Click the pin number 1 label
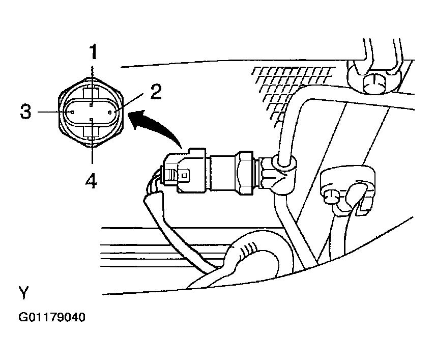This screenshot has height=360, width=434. [x=93, y=52]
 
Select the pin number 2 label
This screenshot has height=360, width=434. [x=156, y=92]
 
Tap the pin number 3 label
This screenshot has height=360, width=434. [x=26, y=112]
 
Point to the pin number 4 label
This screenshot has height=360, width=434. [x=91, y=182]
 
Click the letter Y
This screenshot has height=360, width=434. [x=23, y=292]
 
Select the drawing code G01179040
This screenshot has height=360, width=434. [x=52, y=317]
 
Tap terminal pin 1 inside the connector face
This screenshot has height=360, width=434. [x=92, y=105]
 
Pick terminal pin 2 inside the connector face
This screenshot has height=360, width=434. [x=110, y=112]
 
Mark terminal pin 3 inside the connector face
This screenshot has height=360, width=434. [x=72, y=112]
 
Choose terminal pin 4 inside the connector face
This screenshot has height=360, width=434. [x=92, y=119]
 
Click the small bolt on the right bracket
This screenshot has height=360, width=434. [x=331, y=197]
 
